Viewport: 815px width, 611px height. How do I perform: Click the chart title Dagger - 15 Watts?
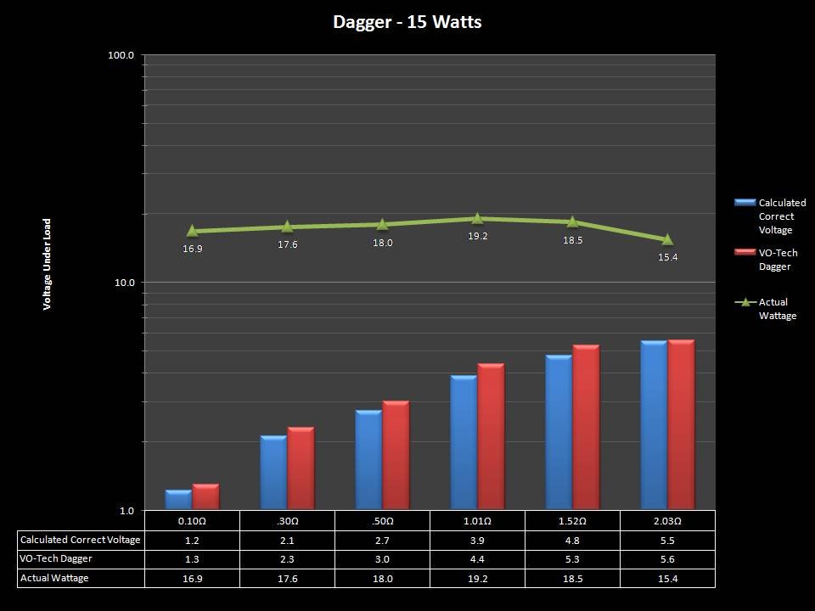(407, 22)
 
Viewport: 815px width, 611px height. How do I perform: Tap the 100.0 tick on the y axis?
(121, 55)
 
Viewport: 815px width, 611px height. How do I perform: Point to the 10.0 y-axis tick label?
(124, 282)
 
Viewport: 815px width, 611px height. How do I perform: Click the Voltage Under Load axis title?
(48, 264)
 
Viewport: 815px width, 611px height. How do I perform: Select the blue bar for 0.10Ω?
(178, 500)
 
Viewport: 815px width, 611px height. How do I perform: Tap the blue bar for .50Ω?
(368, 460)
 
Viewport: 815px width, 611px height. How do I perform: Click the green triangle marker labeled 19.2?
(477, 218)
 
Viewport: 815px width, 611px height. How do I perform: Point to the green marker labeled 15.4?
(667, 239)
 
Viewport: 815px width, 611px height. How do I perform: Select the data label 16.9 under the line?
(193, 249)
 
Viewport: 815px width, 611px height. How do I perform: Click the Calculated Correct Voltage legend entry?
(781, 216)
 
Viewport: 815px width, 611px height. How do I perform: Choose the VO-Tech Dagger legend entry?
(773, 260)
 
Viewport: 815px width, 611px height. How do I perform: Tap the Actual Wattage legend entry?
(776, 309)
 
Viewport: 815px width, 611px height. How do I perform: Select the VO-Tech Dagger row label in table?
(56, 559)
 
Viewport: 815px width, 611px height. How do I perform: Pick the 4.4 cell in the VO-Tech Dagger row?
(477, 559)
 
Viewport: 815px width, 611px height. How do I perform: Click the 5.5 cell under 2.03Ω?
(667, 541)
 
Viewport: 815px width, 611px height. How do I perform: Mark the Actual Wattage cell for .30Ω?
(287, 579)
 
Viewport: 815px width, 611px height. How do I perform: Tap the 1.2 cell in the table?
(192, 541)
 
